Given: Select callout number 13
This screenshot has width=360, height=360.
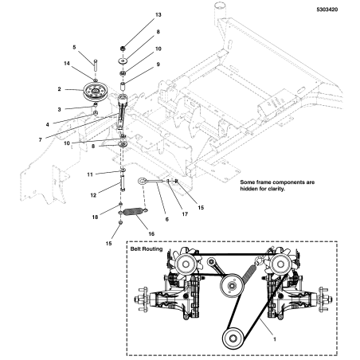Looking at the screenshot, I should click(157, 15).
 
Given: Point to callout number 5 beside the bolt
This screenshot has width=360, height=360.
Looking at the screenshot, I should click(75, 48).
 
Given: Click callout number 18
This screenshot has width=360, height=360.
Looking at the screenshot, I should click(94, 217).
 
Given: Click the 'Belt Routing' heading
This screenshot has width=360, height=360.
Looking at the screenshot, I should click(149, 249).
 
